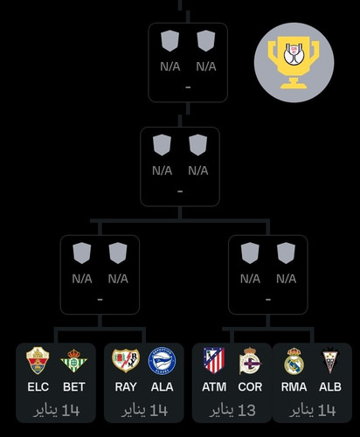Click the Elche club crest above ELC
38,361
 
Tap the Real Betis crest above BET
74,361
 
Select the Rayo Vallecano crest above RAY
126,361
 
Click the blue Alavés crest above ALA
162,361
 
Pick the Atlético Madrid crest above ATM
214,360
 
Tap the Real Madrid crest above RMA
294,361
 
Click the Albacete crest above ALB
330,361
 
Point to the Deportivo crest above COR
250,361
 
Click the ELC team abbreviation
38,387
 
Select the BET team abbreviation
74,387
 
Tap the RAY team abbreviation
126,387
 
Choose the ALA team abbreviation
162,387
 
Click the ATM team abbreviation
214,387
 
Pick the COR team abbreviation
250,387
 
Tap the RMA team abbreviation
294,387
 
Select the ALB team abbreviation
330,387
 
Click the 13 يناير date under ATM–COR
232,411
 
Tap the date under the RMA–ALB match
312,411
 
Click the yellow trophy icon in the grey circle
294,62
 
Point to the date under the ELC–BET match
56,411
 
